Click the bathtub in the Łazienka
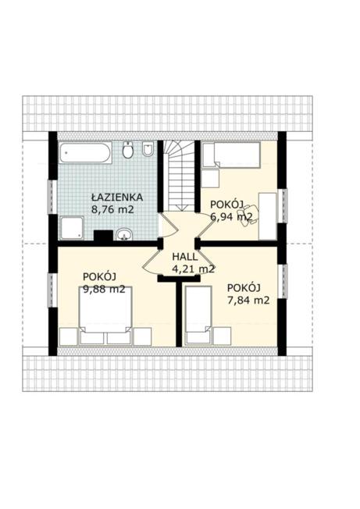(x=85, y=152)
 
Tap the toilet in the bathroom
(x=128, y=150)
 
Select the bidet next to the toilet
(x=148, y=149)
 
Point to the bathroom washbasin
(x=124, y=234)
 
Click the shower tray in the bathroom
(x=72, y=228)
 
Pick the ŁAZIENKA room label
(x=117, y=197)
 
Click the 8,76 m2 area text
(x=112, y=209)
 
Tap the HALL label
(x=185, y=257)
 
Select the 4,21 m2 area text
(x=194, y=269)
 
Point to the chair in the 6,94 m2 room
(x=248, y=214)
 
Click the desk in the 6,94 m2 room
(x=268, y=216)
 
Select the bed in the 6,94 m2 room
(x=231, y=155)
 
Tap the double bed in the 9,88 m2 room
(x=105, y=315)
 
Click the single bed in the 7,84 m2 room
(x=198, y=315)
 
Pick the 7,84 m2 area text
(x=248, y=301)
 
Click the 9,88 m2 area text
(x=104, y=289)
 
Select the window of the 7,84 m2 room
(x=284, y=282)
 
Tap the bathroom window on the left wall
(x=52, y=197)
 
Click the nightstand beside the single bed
(x=223, y=336)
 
